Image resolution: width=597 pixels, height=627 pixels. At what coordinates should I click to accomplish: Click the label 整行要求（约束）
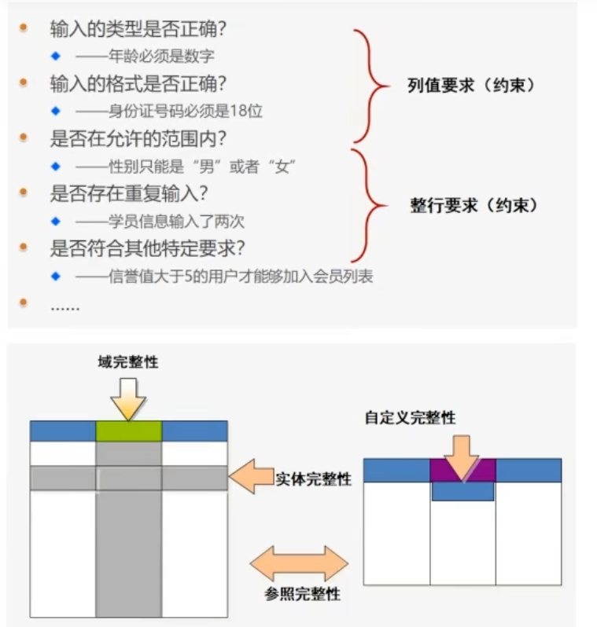coord(474,206)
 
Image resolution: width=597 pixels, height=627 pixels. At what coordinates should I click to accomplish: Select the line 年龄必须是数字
coord(146,57)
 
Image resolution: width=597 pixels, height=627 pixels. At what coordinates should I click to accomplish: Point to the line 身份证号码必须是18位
coord(169,111)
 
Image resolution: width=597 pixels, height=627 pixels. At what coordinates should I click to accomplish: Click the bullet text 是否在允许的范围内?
coord(138,139)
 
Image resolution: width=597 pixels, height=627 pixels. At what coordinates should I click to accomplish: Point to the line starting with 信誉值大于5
coord(223,276)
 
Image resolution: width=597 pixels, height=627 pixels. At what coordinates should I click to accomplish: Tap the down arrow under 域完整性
coord(129,398)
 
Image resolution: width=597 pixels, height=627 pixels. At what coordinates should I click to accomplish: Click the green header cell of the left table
coord(129,431)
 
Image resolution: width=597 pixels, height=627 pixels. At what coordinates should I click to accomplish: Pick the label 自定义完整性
coord(410,418)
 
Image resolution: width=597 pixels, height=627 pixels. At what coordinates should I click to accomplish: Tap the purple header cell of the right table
coord(463,470)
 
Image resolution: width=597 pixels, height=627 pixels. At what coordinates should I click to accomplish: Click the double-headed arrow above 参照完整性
coord(299,563)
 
